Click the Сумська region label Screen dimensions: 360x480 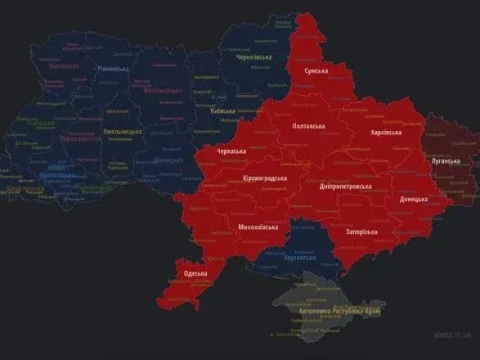click(316, 72)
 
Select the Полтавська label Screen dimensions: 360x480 click(309, 127)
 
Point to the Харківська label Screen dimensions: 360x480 click(386, 132)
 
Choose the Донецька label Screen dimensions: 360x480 click(413, 199)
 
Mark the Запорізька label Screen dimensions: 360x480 click(361, 232)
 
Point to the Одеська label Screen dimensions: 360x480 click(195, 273)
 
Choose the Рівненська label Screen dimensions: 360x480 click(114, 70)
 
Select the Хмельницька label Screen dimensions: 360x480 click(123, 132)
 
